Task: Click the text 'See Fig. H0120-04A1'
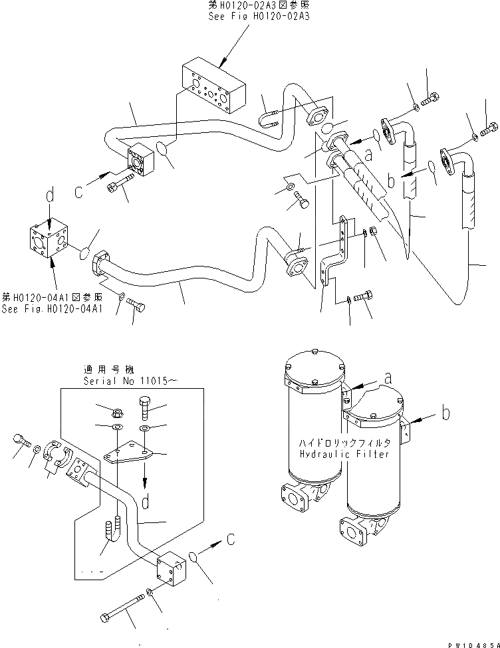click(53, 308)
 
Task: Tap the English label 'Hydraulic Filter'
click(344, 454)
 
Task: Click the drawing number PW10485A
click(469, 641)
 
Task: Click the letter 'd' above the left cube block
click(48, 198)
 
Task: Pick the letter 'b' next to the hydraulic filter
click(445, 413)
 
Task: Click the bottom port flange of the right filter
click(352, 532)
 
